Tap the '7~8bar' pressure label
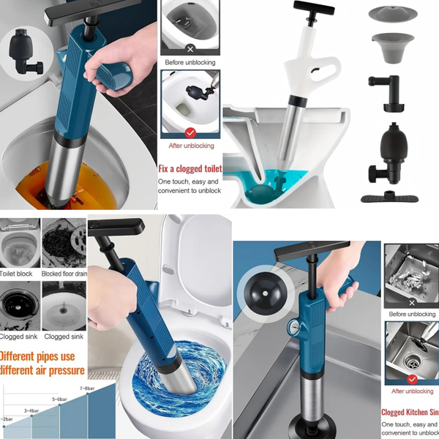[87, 389]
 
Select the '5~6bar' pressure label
[60, 399]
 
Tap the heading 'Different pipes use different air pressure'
[42, 364]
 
